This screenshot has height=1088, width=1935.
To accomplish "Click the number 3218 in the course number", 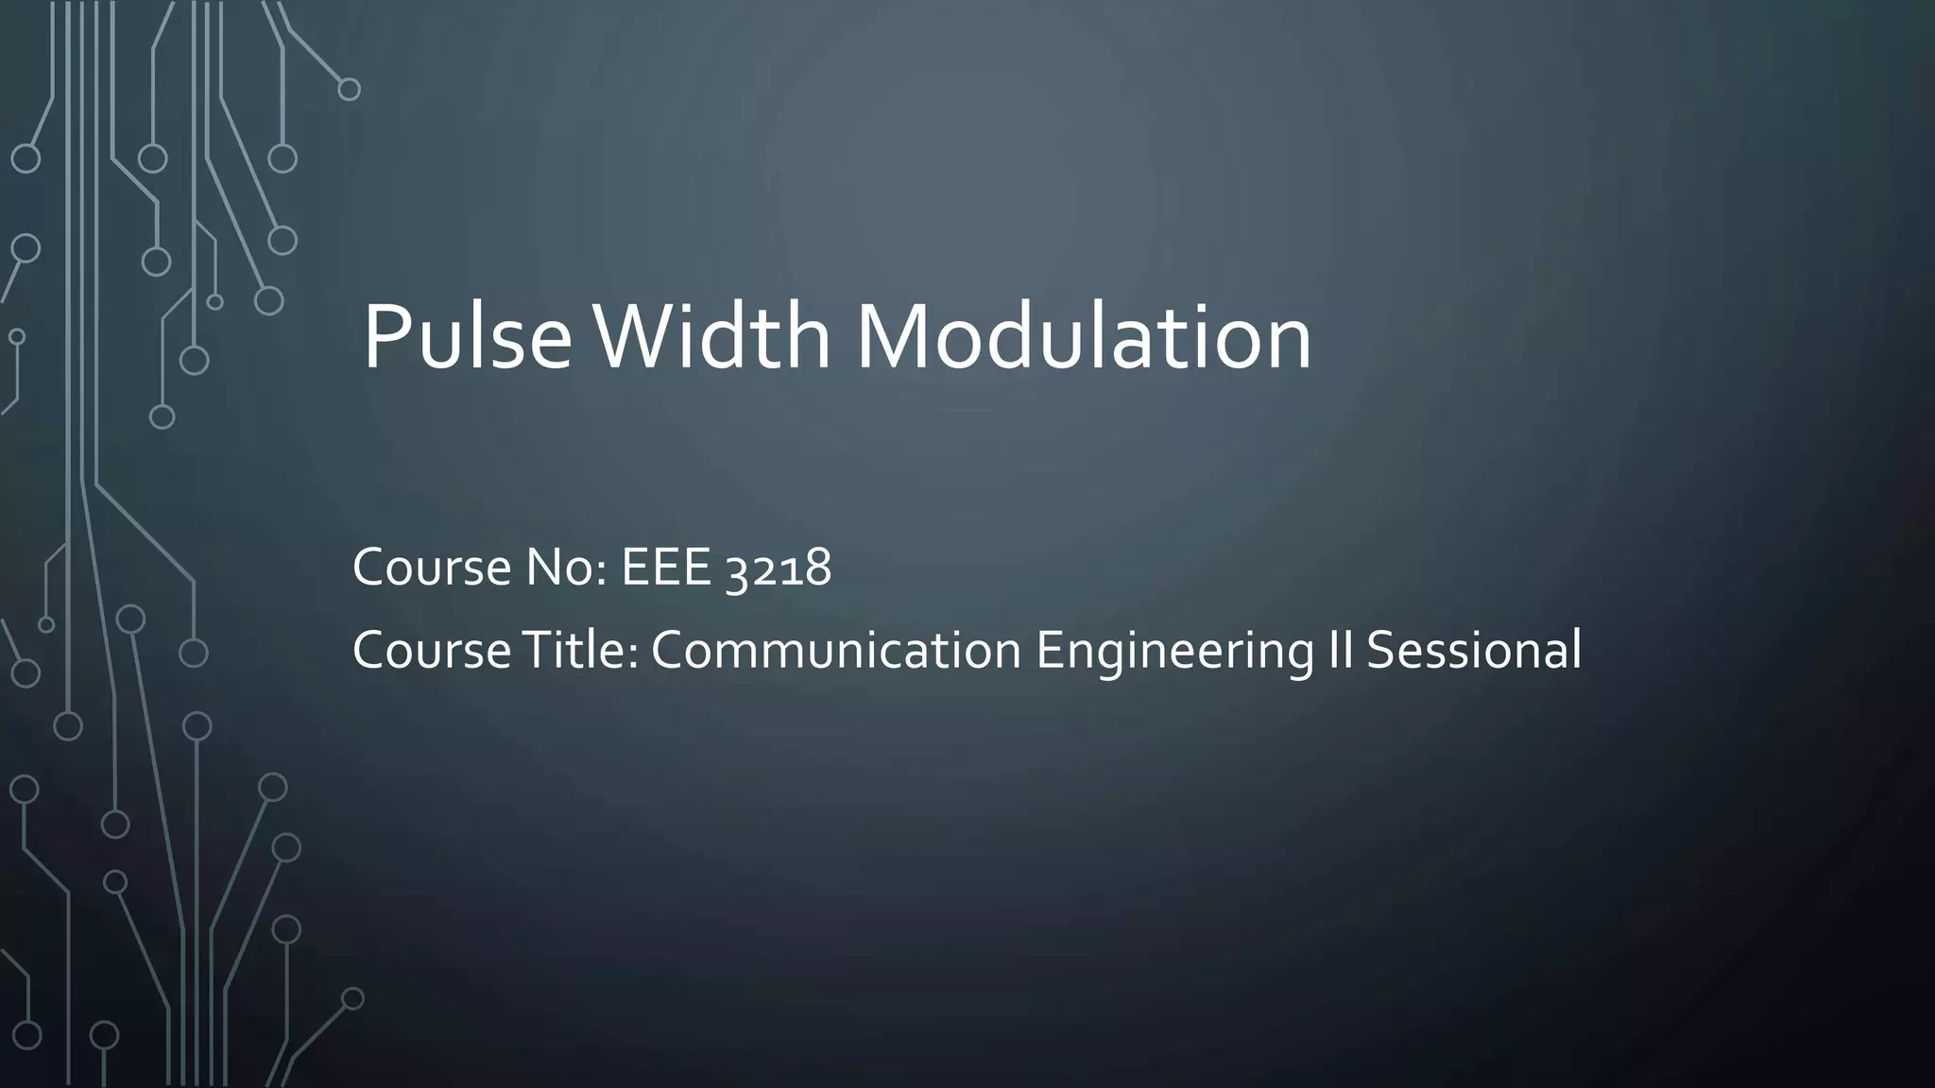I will [779, 569].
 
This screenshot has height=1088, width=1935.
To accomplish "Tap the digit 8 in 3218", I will [818, 569].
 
